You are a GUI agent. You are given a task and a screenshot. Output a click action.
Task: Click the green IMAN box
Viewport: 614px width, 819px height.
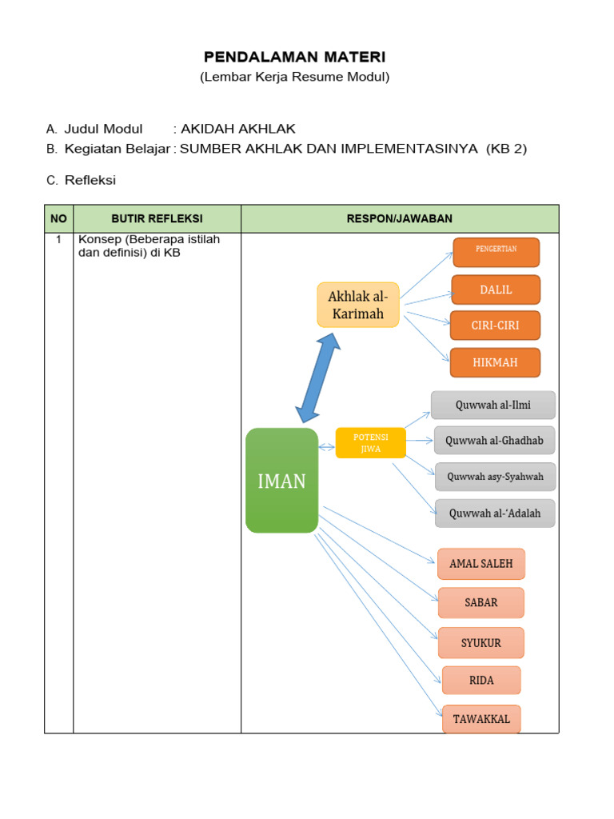pos(281,481)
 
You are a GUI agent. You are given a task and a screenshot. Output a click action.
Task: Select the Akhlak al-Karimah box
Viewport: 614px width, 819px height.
pos(357,305)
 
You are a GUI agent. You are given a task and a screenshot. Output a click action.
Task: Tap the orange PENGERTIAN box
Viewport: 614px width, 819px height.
pos(496,252)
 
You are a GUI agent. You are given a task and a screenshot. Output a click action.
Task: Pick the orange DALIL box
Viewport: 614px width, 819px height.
pos(496,290)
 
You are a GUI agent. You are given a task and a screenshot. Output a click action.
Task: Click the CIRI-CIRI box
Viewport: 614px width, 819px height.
pos(495,326)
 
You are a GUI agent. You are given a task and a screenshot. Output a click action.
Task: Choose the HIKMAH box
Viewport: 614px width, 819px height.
pos(495,362)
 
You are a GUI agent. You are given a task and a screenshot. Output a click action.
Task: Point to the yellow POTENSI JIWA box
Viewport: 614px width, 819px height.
pos(370,443)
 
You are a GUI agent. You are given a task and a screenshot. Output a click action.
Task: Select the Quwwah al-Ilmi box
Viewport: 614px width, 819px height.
pos(492,405)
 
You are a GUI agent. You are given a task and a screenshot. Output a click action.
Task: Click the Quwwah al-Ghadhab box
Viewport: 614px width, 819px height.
pos(494,440)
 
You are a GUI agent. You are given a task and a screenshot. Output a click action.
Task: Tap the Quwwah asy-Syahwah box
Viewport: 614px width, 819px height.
pos(495,477)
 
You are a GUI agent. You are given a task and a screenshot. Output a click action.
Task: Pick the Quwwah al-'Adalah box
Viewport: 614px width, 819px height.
pos(495,513)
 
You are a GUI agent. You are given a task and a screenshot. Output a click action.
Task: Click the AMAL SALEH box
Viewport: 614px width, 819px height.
pos(481,564)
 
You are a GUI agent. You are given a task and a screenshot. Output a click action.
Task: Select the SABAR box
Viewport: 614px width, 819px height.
pos(481,603)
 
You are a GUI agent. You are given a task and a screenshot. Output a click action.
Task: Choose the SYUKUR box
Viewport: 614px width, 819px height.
pos(481,643)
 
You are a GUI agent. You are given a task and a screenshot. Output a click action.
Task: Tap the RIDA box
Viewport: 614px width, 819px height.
pos(481,681)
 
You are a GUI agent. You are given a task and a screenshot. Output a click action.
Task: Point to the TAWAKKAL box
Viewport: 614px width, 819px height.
pos(481,719)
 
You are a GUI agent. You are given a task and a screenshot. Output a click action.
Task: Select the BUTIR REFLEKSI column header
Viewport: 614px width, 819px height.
pos(157,218)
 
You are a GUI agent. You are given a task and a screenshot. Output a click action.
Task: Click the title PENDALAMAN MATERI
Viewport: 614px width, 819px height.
pos(294,57)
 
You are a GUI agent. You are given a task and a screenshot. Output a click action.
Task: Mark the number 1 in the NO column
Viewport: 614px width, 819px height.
pos(58,239)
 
